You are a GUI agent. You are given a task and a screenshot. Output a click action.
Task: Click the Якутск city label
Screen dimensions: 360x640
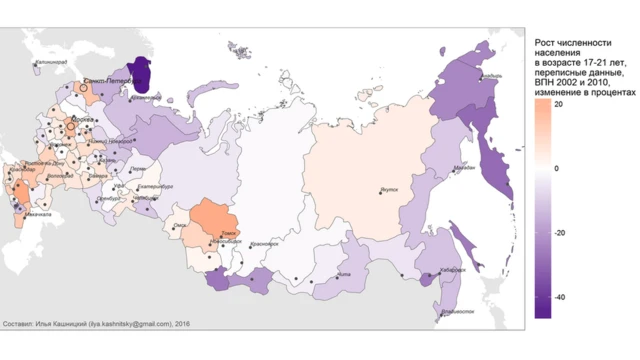(393, 188)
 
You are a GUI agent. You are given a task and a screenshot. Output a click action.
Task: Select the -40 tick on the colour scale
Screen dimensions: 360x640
(561, 297)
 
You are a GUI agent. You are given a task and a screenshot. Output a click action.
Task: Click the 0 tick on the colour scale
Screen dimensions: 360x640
(557, 168)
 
